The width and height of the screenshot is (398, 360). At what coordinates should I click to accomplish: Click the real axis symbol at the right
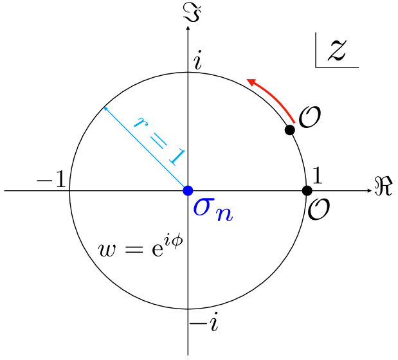pos(383,188)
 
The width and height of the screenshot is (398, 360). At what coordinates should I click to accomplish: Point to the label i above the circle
pos(198,61)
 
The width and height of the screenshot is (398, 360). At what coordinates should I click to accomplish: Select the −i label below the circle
pos(204,321)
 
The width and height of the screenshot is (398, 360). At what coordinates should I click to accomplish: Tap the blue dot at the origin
pos(188,190)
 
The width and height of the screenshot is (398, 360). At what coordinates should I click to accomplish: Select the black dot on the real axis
pos(307,190)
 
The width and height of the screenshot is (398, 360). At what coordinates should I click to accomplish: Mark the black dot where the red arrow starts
pos(290,129)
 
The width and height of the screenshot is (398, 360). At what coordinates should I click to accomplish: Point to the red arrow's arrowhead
pos(251,80)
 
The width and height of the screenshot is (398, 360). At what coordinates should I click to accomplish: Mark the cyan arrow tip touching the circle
pos(105,108)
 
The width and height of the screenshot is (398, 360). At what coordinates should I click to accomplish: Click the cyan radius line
pos(147,149)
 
